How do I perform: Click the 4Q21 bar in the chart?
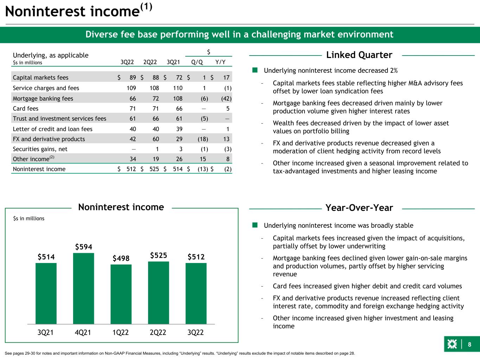[83, 288]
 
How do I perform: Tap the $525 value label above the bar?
[158, 255]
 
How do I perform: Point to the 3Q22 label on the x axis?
[196, 332]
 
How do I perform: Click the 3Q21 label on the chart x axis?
[46, 332]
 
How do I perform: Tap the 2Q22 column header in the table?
[150, 63]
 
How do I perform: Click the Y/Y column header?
[220, 63]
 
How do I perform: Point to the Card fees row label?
[26, 109]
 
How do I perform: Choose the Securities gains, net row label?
[40, 149]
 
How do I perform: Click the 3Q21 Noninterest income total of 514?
[178, 169]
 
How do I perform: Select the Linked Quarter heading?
[359, 55]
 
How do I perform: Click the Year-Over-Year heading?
[359, 208]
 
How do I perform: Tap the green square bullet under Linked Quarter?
[255, 70]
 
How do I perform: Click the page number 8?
[469, 345]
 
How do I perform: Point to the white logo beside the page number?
[452, 345]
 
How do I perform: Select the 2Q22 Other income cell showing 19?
[155, 159]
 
